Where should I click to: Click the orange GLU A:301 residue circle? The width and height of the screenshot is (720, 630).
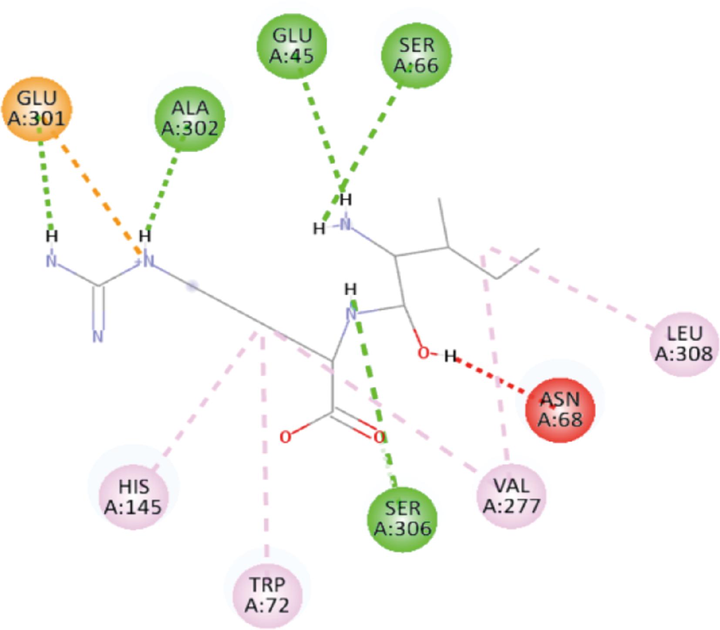[37, 109]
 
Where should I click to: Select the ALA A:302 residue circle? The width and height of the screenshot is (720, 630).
[190, 118]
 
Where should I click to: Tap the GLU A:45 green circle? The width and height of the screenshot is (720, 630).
[292, 46]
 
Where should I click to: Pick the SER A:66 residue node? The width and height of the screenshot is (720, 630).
[416, 55]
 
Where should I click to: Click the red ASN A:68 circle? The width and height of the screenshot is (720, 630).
[560, 409]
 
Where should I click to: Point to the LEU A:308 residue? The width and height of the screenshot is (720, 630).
[684, 344]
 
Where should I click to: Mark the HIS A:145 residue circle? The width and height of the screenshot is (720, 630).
[133, 496]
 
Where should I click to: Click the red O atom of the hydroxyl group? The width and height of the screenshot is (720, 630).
[423, 353]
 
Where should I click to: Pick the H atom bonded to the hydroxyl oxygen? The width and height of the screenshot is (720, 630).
[450, 356]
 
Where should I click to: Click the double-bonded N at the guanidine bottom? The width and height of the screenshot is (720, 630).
[98, 337]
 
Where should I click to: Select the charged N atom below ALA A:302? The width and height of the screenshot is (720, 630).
[148, 261]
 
